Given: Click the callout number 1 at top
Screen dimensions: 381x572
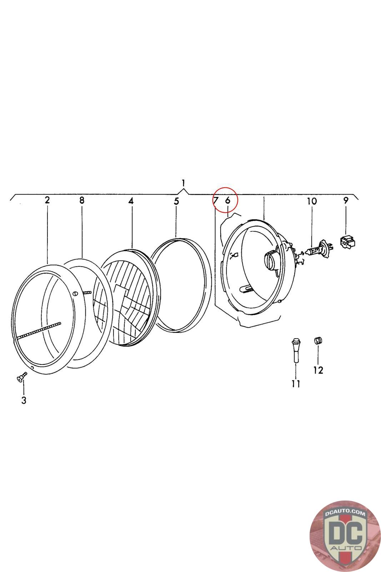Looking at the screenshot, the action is [183, 183].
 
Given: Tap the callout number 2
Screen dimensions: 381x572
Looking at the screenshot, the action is [47, 200].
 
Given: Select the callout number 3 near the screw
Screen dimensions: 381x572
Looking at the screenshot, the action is [24, 400].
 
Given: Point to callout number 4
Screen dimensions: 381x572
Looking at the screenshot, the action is [131, 201].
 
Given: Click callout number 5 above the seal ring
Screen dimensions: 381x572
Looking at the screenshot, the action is [176, 201].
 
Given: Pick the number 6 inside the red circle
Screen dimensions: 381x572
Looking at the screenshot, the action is [228, 200].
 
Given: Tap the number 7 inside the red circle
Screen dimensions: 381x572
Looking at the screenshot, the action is [216, 200].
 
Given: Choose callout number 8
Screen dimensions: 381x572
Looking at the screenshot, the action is [82, 200].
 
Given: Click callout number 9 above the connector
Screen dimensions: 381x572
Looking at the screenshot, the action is [346, 200].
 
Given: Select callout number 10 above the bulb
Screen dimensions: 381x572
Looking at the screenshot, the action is [312, 201].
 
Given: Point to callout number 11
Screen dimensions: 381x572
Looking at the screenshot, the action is [296, 384].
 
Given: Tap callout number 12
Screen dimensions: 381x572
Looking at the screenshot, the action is [318, 370].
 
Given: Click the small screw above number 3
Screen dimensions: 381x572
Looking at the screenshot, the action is [22, 376].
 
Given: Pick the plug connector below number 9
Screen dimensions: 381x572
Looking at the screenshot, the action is [347, 242].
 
